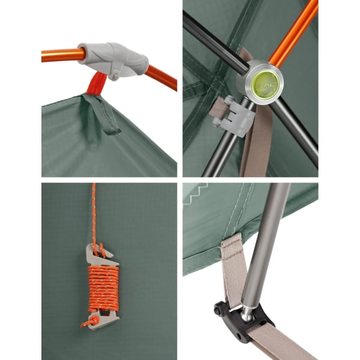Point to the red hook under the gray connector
[96, 85]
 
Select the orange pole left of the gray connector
[60, 55]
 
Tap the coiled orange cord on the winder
[104, 287]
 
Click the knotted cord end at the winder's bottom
[89, 323]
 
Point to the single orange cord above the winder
[94, 210]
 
